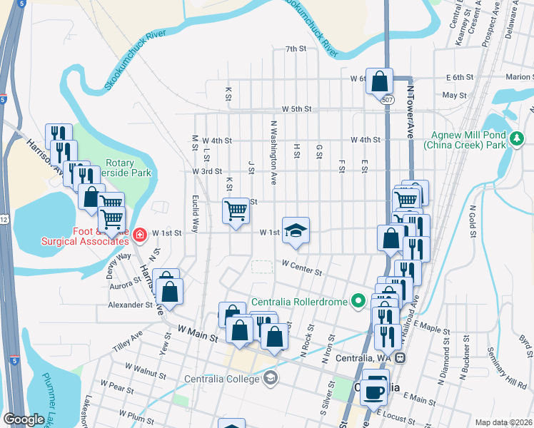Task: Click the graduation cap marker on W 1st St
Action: coord(296,230)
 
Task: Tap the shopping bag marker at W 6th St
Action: coord(379,81)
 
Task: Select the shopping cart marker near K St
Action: coord(236,211)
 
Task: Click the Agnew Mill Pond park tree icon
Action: coord(516,136)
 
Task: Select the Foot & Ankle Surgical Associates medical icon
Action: coord(140,233)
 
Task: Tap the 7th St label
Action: coord(295,49)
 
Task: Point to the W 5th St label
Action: coord(297,109)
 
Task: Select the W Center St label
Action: coord(303,268)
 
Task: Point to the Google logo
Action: coord(24,419)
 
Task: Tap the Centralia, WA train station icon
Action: coord(401,357)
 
